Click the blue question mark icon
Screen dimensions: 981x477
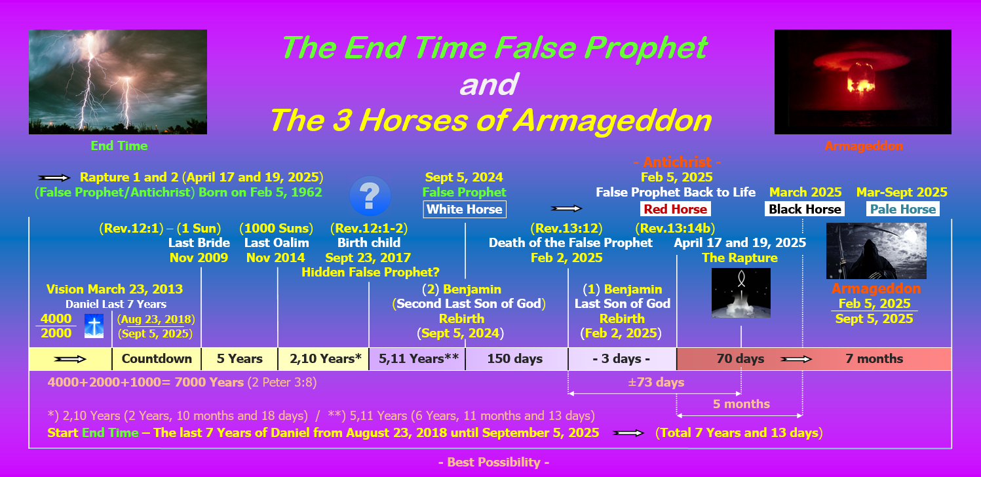[x=370, y=195]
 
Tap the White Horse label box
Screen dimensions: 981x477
[x=465, y=210]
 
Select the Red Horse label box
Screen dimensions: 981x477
[x=676, y=209]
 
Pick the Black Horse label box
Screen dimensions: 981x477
[x=805, y=209]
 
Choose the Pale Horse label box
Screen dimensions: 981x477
[x=903, y=209]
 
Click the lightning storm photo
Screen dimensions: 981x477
[x=118, y=82]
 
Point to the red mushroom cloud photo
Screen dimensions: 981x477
[x=863, y=82]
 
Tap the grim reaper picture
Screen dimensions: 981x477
[x=876, y=250]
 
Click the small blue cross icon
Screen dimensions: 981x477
[x=94, y=326]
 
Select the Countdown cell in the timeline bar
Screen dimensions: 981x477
[x=157, y=359]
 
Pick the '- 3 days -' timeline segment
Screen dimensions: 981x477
[x=622, y=359]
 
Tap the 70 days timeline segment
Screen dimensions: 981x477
[x=740, y=359]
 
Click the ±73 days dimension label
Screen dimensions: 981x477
[x=656, y=383]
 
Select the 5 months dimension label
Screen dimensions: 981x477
[x=741, y=404]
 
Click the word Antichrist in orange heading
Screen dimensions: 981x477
[x=678, y=162]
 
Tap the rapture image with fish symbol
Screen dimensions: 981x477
[x=741, y=293]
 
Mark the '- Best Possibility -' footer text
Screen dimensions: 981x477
[x=494, y=462]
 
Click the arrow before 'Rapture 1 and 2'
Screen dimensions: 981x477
[x=54, y=178]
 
